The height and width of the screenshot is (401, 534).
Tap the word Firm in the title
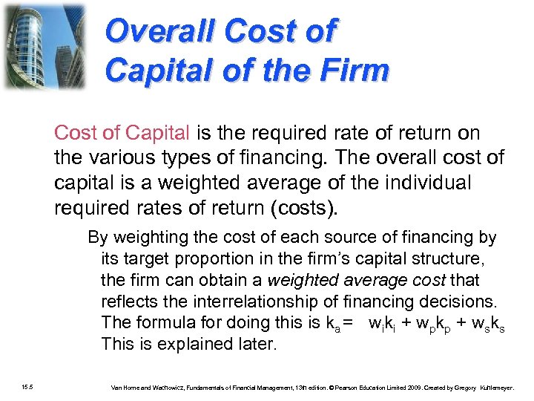point(357,71)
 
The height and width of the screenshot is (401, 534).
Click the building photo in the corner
point(43,46)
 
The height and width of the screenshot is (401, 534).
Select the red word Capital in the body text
point(157,133)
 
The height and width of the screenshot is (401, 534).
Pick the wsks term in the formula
point(487,325)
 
